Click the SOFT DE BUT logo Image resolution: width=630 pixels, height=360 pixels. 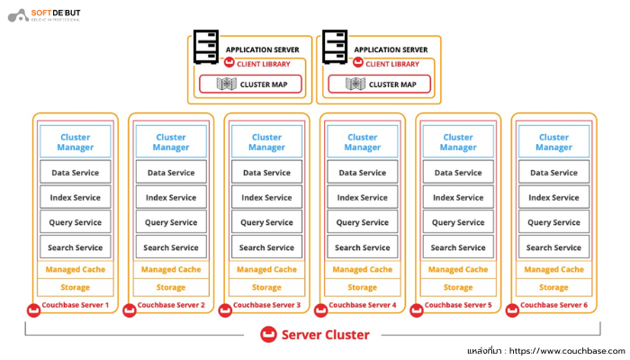click(x=43, y=16)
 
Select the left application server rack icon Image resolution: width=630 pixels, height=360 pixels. click(x=206, y=48)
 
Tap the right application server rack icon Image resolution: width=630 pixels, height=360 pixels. click(x=335, y=48)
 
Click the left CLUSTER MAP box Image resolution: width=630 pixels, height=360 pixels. click(x=251, y=85)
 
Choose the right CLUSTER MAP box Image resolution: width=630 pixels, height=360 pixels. click(x=380, y=85)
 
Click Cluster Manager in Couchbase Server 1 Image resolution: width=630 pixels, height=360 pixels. click(x=75, y=142)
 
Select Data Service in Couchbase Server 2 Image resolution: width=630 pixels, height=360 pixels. click(x=171, y=173)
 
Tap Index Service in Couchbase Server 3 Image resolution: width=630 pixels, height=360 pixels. click(x=266, y=197)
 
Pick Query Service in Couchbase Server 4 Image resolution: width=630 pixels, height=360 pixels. click(x=363, y=222)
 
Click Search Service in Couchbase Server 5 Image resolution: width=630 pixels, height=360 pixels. click(x=458, y=247)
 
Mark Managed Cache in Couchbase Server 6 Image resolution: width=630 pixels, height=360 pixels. click(x=553, y=269)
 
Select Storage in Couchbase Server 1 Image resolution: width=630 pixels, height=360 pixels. click(x=75, y=287)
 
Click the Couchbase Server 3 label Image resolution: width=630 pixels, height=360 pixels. click(x=266, y=306)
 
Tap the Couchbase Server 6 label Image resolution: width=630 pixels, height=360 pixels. click(x=553, y=306)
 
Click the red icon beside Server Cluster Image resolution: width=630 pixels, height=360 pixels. click(x=267, y=335)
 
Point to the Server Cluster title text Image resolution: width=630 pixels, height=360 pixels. click(x=325, y=335)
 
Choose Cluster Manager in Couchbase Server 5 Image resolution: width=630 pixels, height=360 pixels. click(x=458, y=142)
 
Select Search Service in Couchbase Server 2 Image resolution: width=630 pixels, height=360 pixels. click(x=171, y=247)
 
